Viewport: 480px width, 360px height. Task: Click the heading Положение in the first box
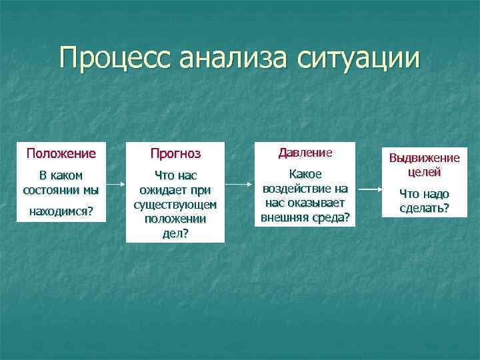point(61,153)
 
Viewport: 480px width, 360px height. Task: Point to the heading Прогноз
point(175,154)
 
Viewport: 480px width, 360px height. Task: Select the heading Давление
point(305,153)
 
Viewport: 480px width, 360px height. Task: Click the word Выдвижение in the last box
point(424,158)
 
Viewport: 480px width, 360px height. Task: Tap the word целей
point(424,171)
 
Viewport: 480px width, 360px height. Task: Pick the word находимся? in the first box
point(61,211)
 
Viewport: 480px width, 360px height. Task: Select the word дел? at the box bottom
point(175,233)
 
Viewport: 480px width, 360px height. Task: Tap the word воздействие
point(298,188)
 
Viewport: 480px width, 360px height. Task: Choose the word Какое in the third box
point(305,173)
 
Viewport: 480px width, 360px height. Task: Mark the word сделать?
point(424,208)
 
